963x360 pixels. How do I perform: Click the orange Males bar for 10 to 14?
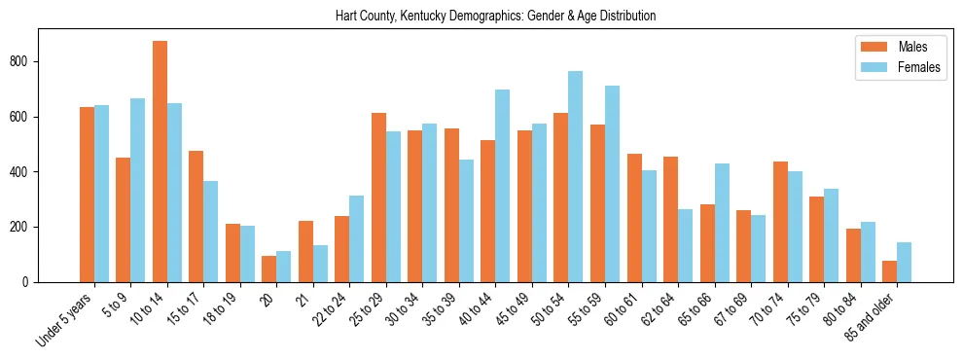coord(160,162)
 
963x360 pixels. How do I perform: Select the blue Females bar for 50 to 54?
coord(576,176)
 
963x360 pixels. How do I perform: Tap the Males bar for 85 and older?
coord(889,271)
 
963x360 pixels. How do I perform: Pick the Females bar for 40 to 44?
coord(503,186)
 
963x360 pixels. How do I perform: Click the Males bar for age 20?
coord(268,269)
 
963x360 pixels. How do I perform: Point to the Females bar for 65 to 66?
coord(722,223)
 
